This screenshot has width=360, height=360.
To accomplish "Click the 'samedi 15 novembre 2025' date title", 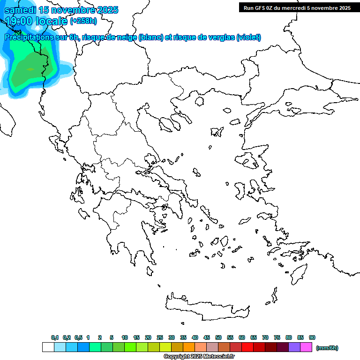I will point(61,10).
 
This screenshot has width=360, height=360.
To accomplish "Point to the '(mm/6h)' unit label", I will point(327,348).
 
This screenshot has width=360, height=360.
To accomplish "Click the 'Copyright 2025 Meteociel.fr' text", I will point(199,357).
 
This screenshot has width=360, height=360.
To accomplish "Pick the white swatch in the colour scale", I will point(48,347).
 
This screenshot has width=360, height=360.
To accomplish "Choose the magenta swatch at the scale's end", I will point(306,347).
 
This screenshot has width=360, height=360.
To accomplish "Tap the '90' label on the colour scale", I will point(312,337).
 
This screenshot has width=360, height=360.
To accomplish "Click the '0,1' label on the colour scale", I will point(55,337).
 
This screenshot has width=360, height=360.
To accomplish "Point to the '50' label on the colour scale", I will point(218,337).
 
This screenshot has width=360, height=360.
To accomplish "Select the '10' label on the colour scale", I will point(125,337).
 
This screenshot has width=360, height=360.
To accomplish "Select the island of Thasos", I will point(200,101).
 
